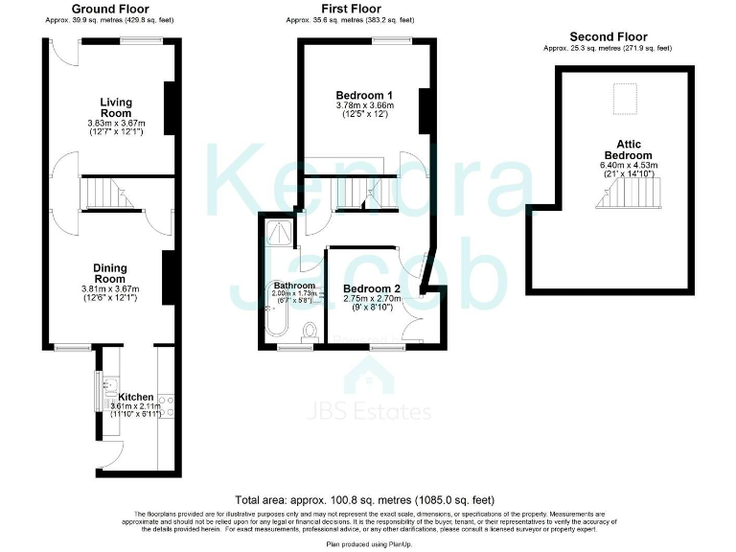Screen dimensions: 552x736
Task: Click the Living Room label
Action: [116, 107]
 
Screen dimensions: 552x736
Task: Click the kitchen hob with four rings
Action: [165, 405]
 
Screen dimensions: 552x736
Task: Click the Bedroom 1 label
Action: [364, 95]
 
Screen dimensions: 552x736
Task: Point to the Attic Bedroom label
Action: [628, 149]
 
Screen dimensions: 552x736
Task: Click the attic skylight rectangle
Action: [626, 98]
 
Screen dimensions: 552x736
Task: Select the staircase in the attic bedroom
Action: [629, 197]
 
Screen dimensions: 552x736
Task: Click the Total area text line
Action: [364, 500]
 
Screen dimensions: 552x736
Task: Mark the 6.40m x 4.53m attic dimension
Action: [628, 165]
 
